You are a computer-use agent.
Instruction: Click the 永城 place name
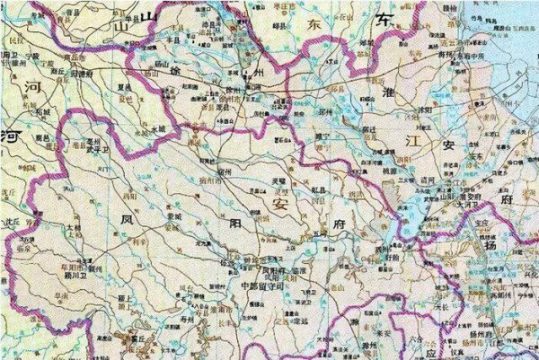158,130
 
